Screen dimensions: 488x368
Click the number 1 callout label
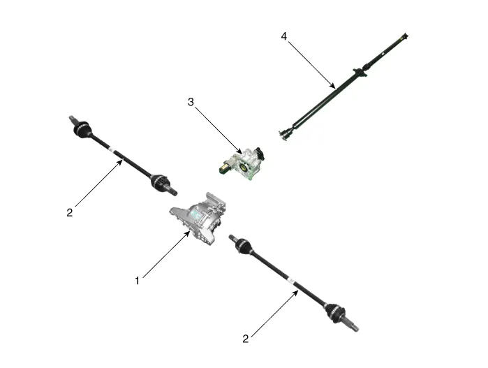tap(138, 281)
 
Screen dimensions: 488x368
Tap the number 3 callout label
tap(191, 102)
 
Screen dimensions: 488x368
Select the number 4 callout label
tap(284, 36)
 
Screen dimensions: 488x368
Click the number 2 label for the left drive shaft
tap(70, 212)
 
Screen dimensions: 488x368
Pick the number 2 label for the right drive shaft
tap(246, 339)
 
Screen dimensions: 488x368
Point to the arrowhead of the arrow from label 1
tap(188, 233)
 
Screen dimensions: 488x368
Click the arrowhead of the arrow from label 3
tap(239, 151)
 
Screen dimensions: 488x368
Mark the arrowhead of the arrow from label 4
tap(333, 86)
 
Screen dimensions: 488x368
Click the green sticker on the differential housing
tap(195, 213)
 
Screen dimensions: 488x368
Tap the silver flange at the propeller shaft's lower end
tap(283, 135)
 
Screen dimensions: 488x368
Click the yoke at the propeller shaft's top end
tap(404, 36)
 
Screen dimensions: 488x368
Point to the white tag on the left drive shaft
tap(112, 149)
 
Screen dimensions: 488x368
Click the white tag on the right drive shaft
tap(291, 281)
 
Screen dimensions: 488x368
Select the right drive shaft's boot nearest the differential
tap(242, 244)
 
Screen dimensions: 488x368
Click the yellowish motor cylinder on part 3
tap(225, 168)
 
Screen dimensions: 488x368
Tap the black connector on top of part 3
tap(260, 154)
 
